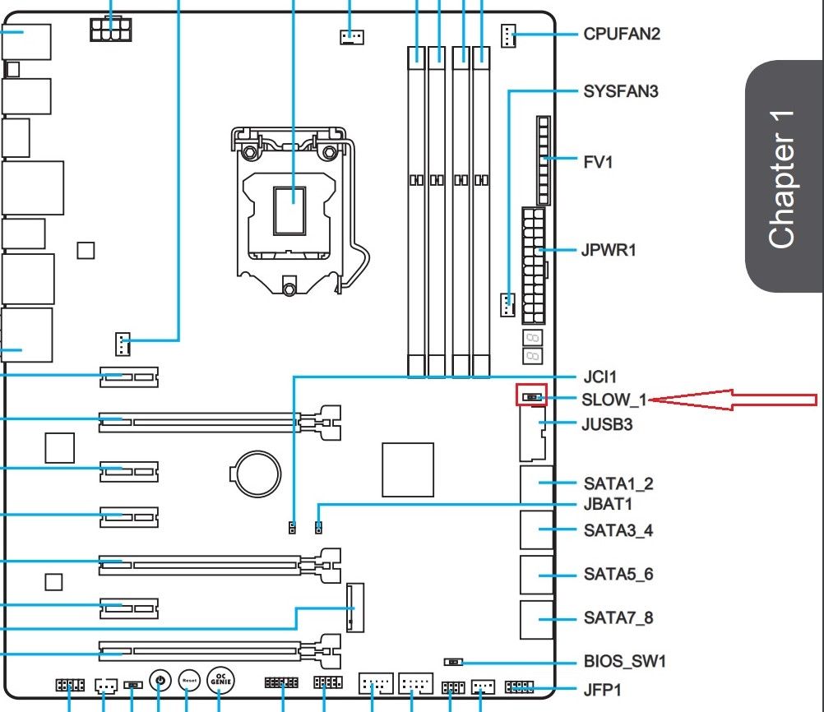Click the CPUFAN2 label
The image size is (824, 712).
pos(621,35)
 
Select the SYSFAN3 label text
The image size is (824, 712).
pos(621,90)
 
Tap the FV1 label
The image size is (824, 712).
pos(598,162)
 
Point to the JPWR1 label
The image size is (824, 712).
pos(609,250)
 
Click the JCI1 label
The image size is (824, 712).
pos(599,377)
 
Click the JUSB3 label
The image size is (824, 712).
pos(612,424)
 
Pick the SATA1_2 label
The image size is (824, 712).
pos(618,483)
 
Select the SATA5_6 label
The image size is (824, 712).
pos(618,573)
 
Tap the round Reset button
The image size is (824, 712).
pos(189,681)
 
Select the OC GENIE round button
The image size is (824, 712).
pos(220,679)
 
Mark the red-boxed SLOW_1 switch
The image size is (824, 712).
pos(531,396)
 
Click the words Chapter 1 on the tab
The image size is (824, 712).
pos(782,178)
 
